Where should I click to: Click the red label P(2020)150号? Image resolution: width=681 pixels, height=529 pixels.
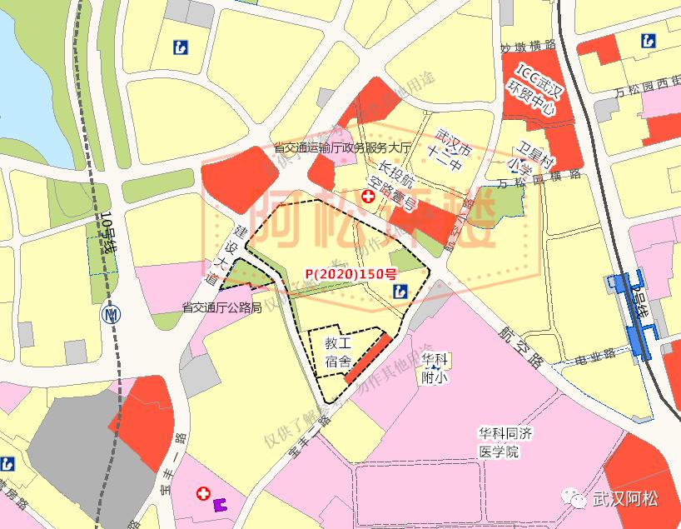pos(350,272)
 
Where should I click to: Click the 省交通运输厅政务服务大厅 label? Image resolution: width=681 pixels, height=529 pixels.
pos(343,147)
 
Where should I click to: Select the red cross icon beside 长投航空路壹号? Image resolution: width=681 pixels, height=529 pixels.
pos(367,197)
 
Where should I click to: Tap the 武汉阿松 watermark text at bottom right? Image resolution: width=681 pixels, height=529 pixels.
pos(624,499)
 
